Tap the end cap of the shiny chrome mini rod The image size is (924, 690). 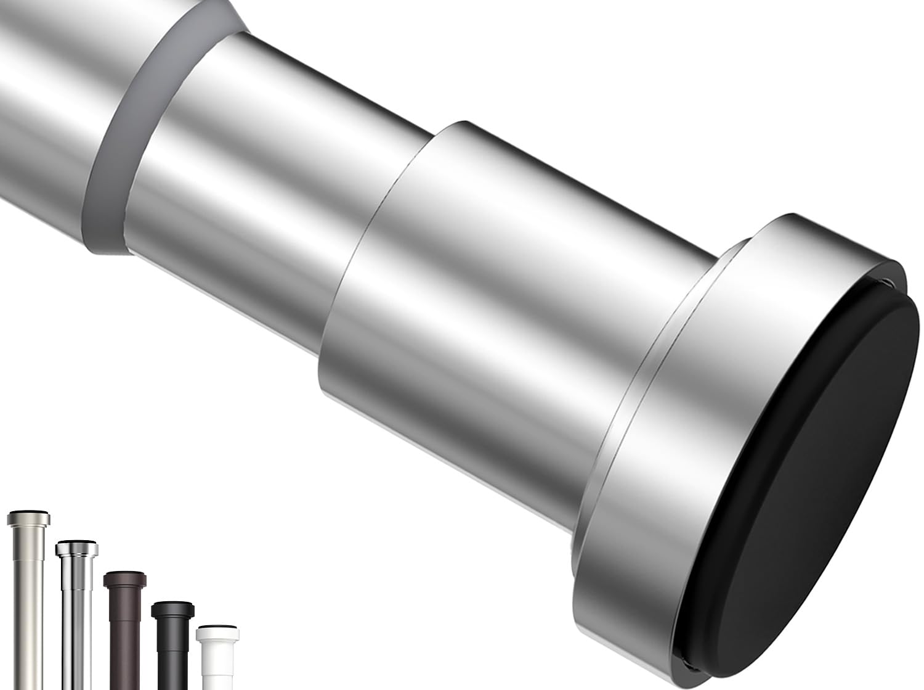76,549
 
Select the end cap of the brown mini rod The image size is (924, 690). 124,580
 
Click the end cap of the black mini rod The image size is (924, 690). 172,609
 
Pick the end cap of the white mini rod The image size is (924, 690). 217,635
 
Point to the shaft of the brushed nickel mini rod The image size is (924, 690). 29,617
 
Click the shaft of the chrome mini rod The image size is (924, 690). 76,629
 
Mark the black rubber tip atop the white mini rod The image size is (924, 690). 217,627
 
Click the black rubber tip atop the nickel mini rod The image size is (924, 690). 28,511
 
